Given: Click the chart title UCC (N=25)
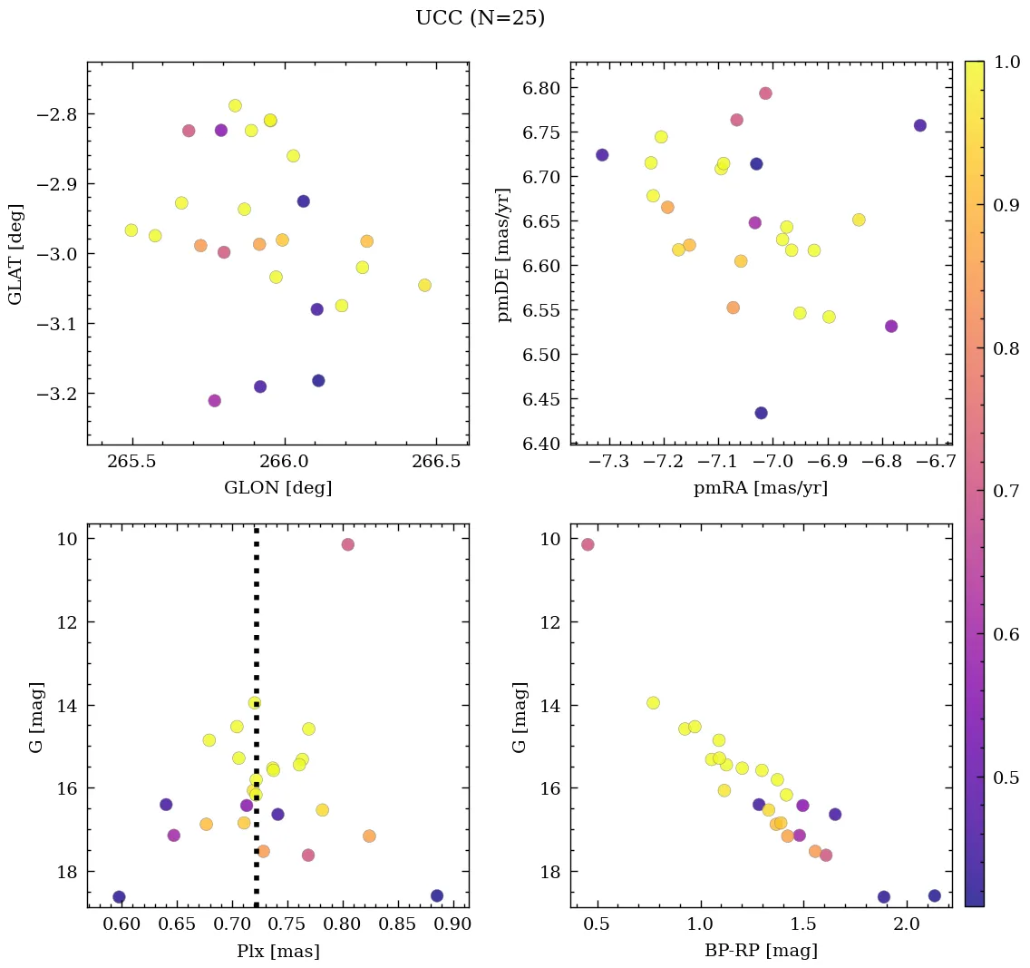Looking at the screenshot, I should [x=480, y=18].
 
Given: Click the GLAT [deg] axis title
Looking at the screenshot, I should [x=15, y=253].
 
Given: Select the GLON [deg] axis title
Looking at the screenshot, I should [x=277, y=488].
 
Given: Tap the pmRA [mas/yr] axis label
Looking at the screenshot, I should [x=760, y=488].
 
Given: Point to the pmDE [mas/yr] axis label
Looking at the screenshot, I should [x=504, y=253].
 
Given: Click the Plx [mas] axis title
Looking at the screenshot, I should [x=277, y=951].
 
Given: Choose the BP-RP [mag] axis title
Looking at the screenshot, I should [x=760, y=951].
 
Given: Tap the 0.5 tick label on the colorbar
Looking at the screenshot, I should [x=1004, y=777].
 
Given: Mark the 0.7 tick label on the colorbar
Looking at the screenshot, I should [x=1004, y=492].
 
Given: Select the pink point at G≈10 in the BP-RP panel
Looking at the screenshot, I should [x=588, y=544].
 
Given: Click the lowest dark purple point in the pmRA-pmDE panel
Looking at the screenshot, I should [x=761, y=413].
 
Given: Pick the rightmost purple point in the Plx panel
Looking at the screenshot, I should [x=437, y=895].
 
